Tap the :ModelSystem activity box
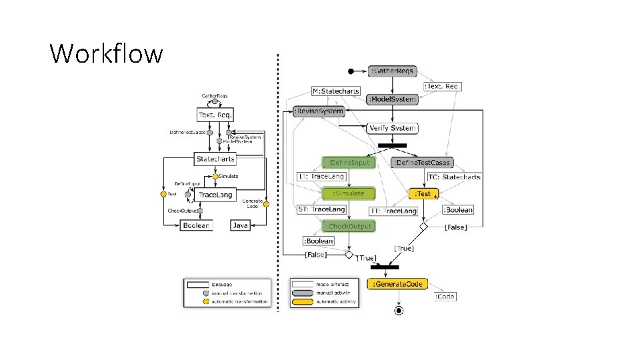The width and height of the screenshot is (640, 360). point(393,99)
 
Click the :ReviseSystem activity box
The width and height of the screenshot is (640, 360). point(319,111)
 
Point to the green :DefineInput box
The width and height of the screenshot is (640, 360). point(348,162)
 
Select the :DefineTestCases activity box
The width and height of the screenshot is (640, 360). point(422,162)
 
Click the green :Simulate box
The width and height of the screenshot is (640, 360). point(348,193)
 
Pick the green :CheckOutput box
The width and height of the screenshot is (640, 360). point(348,226)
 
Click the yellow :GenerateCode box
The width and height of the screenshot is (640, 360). point(398,284)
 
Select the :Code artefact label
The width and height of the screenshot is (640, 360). point(445,296)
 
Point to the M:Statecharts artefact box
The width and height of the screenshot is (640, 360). point(336,91)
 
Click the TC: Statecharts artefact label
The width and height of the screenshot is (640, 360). point(453,177)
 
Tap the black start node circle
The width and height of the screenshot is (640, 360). point(351,71)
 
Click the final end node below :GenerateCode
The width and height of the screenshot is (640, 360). point(399,310)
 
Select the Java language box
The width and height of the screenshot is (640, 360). point(241,225)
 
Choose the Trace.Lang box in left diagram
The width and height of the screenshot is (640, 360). point(215,195)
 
